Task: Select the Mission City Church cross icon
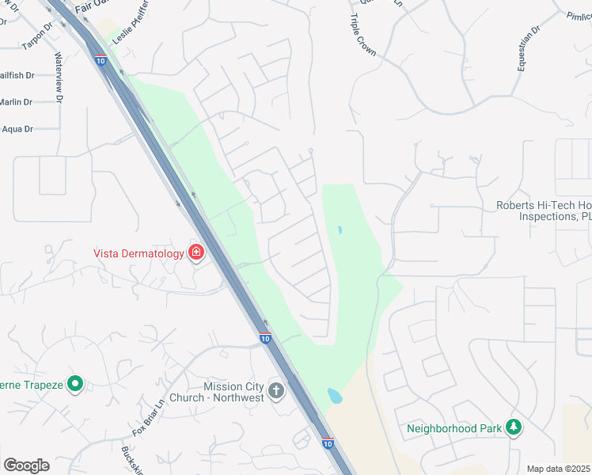point(276,390)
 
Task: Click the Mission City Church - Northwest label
point(233,392)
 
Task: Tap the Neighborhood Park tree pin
point(514,427)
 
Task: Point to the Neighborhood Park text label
point(454,428)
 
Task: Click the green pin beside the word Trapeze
point(75,385)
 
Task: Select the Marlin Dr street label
point(16,102)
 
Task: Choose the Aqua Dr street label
point(17,129)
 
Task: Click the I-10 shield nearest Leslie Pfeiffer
point(99,59)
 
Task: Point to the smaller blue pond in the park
point(340,230)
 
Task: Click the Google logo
point(26,465)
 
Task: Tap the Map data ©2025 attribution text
point(557,469)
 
